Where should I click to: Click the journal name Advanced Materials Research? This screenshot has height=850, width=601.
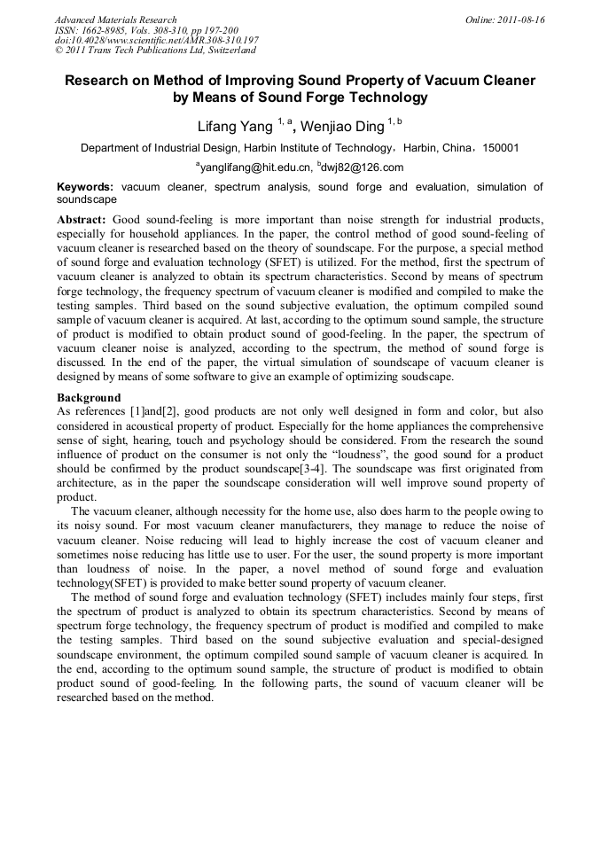click(115, 19)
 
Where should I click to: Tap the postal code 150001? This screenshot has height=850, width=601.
click(500, 148)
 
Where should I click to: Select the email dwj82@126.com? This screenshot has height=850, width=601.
click(363, 168)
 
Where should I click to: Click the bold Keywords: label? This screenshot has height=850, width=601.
click(85, 187)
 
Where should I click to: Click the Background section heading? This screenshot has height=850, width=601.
click(89, 398)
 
